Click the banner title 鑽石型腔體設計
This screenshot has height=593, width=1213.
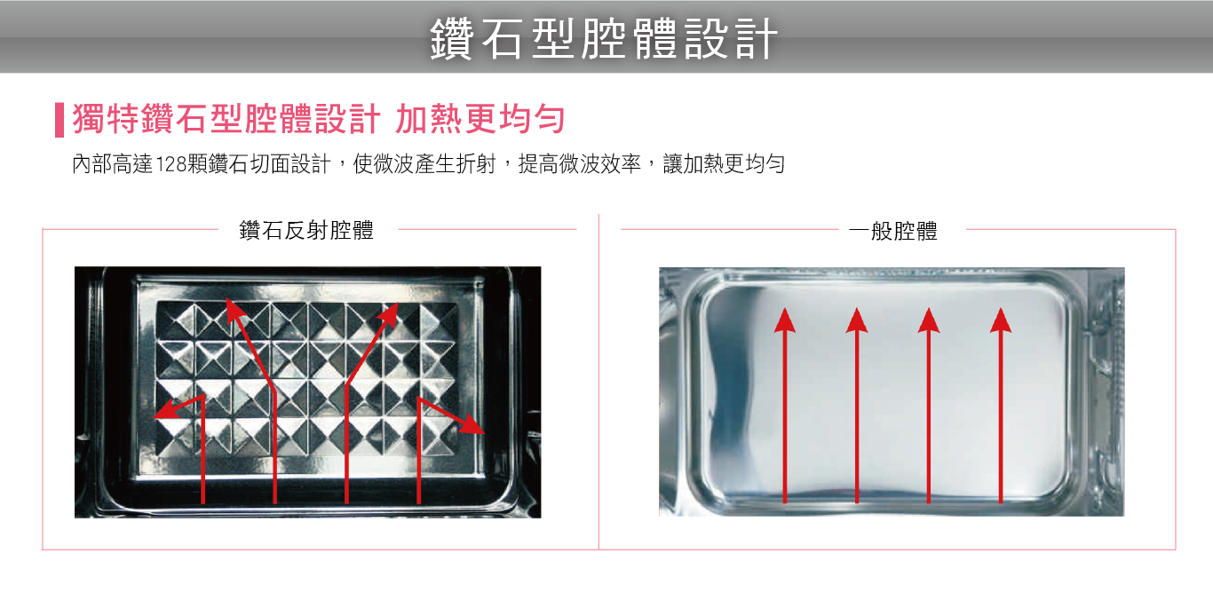604,39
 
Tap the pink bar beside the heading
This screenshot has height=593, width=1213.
59,120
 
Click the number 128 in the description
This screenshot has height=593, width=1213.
170,164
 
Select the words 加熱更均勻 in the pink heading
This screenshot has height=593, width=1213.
480,119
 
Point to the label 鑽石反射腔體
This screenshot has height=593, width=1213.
306,230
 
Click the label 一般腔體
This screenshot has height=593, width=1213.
893,231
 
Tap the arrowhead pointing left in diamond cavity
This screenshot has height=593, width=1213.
165,410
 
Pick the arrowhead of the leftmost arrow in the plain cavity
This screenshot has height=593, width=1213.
785,320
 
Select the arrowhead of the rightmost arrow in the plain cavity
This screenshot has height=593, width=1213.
1001,320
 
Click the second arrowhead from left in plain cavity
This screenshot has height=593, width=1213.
857,320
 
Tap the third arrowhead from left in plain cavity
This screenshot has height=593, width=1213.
929,320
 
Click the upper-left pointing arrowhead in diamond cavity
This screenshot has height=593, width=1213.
234,311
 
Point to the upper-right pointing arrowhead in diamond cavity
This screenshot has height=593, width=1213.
390,314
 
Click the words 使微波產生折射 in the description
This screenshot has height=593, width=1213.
424,164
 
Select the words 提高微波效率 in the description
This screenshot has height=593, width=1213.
580,164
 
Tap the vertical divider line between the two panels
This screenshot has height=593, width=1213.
599,382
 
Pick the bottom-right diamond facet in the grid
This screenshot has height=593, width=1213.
439,436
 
